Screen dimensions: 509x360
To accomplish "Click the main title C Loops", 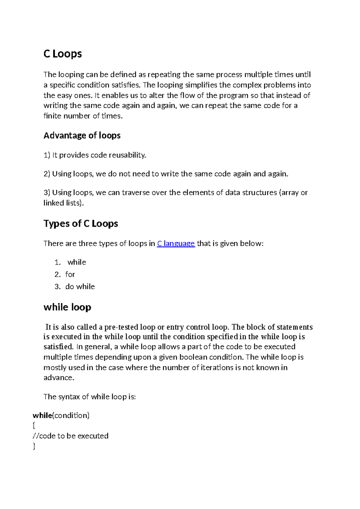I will [x=62, y=54].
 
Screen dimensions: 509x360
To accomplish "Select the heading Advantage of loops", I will [x=82, y=135].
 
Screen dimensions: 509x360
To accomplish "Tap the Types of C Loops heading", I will [x=81, y=224].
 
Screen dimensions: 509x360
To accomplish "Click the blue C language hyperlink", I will [x=176, y=243].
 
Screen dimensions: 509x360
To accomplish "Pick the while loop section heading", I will [x=67, y=307].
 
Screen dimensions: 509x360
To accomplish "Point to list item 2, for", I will [x=70, y=274].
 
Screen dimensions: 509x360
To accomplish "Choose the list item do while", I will [x=80, y=287].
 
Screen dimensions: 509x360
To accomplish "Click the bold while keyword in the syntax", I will [x=42, y=415].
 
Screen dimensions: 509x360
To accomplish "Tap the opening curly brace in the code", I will [x=34, y=425].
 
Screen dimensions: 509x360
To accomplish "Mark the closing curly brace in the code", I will [x=34, y=446].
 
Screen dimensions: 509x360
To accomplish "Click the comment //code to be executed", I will [x=70, y=436].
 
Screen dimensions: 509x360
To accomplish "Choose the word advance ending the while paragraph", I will [x=58, y=378].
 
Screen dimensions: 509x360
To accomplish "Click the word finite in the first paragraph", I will [x=51, y=116].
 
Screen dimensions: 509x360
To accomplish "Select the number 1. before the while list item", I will [x=58, y=262].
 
